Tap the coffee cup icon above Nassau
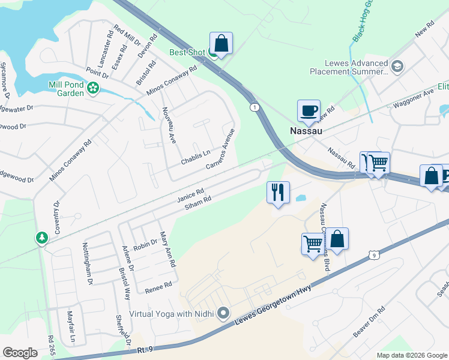click(x=309, y=110)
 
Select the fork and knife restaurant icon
click(x=278, y=192)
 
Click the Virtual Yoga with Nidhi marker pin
click(x=223, y=313)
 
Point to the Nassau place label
click(x=306, y=130)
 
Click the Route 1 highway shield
click(x=255, y=107)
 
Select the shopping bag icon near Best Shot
click(x=221, y=43)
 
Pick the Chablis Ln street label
click(x=196, y=157)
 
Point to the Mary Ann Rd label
click(x=166, y=250)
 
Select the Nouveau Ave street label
click(x=169, y=125)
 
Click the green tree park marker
click(x=41, y=238)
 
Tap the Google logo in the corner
click(x=20, y=352)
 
